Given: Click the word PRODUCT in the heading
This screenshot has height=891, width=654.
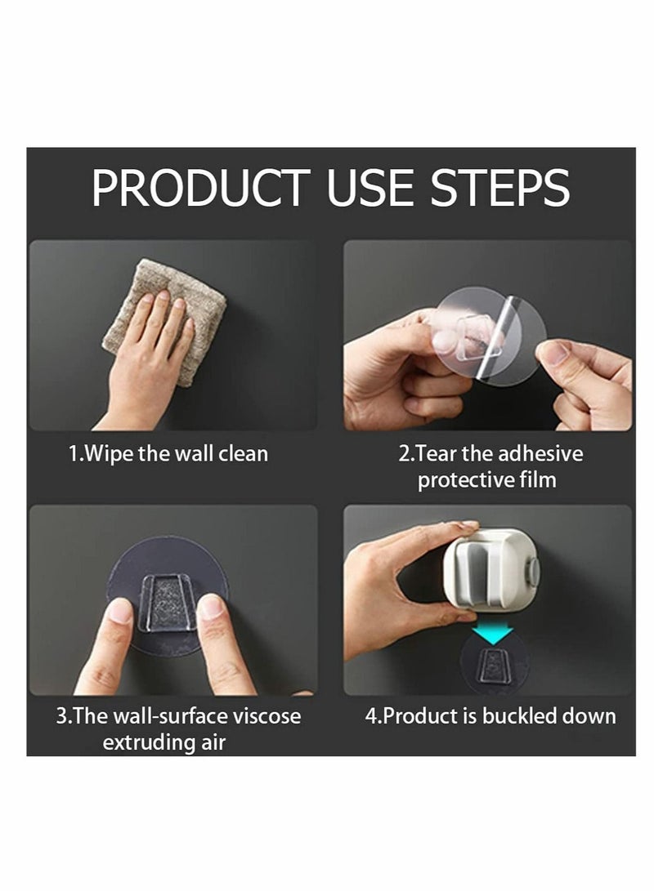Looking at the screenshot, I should point(200,189).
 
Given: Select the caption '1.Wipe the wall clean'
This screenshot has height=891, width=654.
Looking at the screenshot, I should point(168,453).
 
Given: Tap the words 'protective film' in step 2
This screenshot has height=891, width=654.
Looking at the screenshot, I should point(487,479).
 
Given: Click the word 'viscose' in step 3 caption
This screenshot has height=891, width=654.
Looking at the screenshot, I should point(266,716).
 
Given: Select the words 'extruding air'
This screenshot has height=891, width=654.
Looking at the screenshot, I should point(164,742).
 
